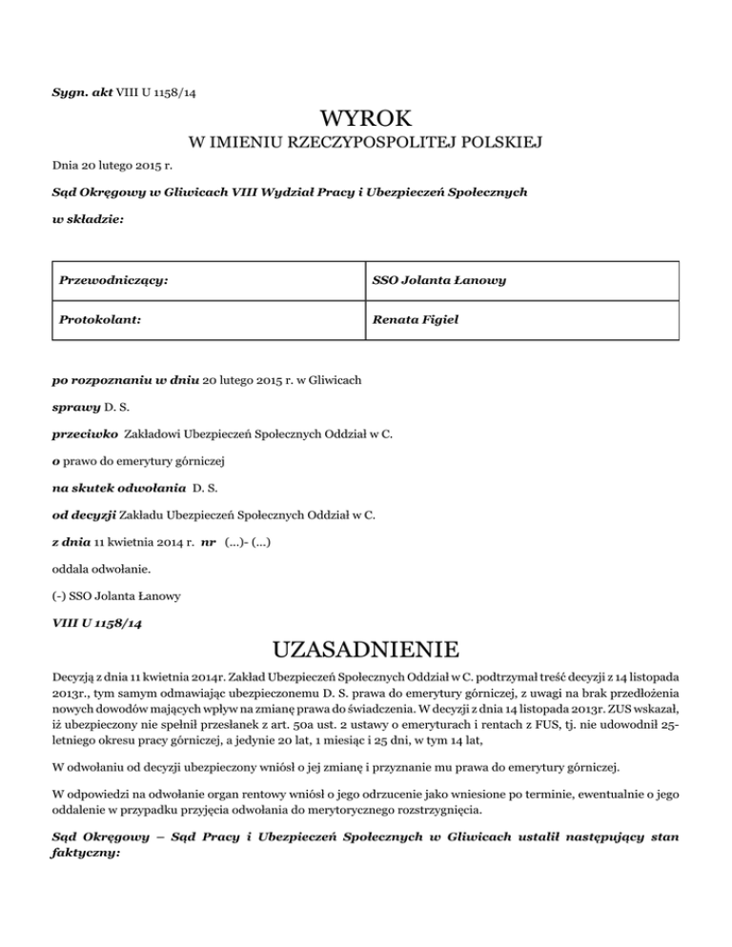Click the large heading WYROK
pyautogui.click(x=366, y=119)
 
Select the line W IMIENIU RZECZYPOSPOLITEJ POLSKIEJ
pyautogui.click(x=366, y=144)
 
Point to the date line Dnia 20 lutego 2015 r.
pyautogui.click(x=107, y=167)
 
